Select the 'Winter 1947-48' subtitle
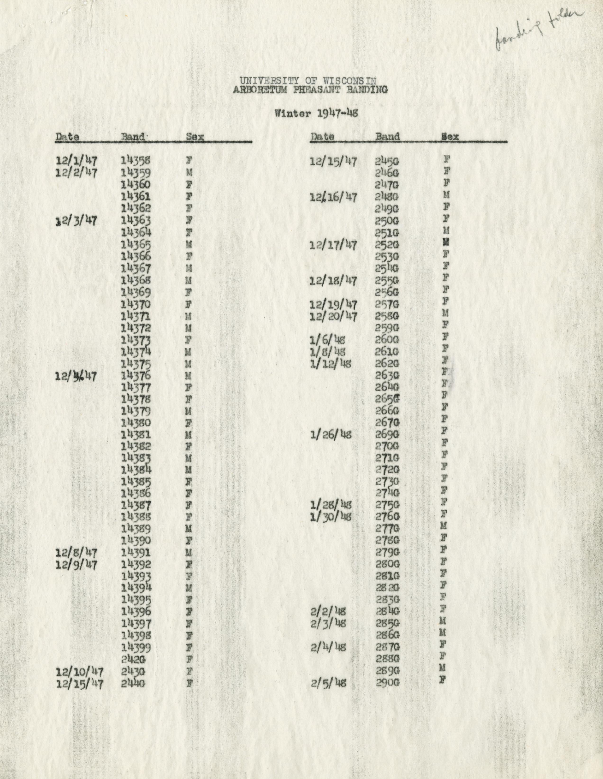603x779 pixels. pos(316,113)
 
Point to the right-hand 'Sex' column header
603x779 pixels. pos(450,136)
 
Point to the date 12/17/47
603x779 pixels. pos(333,245)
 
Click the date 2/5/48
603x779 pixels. pos(328,683)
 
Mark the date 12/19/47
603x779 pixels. pos(333,304)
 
